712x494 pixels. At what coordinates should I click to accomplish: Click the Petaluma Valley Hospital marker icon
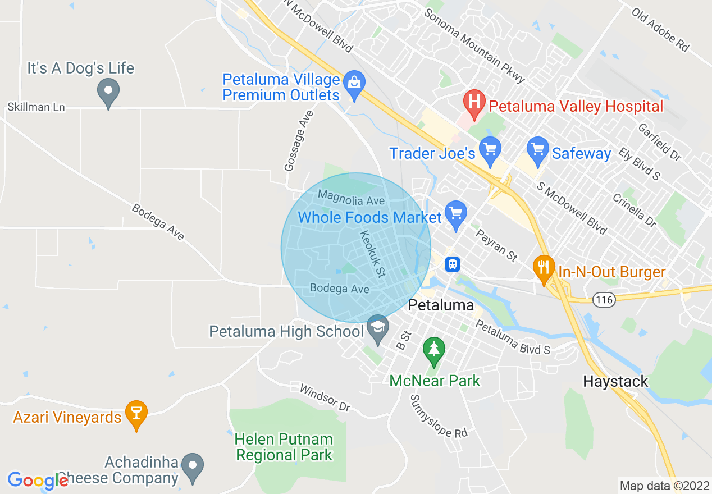[x=474, y=103]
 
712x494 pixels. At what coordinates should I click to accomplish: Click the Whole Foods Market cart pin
[x=455, y=214]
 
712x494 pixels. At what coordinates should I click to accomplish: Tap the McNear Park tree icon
[x=433, y=350]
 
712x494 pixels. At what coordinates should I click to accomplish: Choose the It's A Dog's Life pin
[x=108, y=92]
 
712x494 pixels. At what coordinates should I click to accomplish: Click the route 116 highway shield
[x=605, y=300]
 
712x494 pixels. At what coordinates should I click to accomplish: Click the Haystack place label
[x=615, y=382]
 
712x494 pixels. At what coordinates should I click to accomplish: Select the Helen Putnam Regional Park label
[x=284, y=447]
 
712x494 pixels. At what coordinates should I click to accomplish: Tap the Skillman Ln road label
[x=36, y=107]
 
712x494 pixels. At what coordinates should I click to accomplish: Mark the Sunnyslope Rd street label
[x=439, y=416]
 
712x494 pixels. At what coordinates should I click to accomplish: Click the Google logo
[x=38, y=481]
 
